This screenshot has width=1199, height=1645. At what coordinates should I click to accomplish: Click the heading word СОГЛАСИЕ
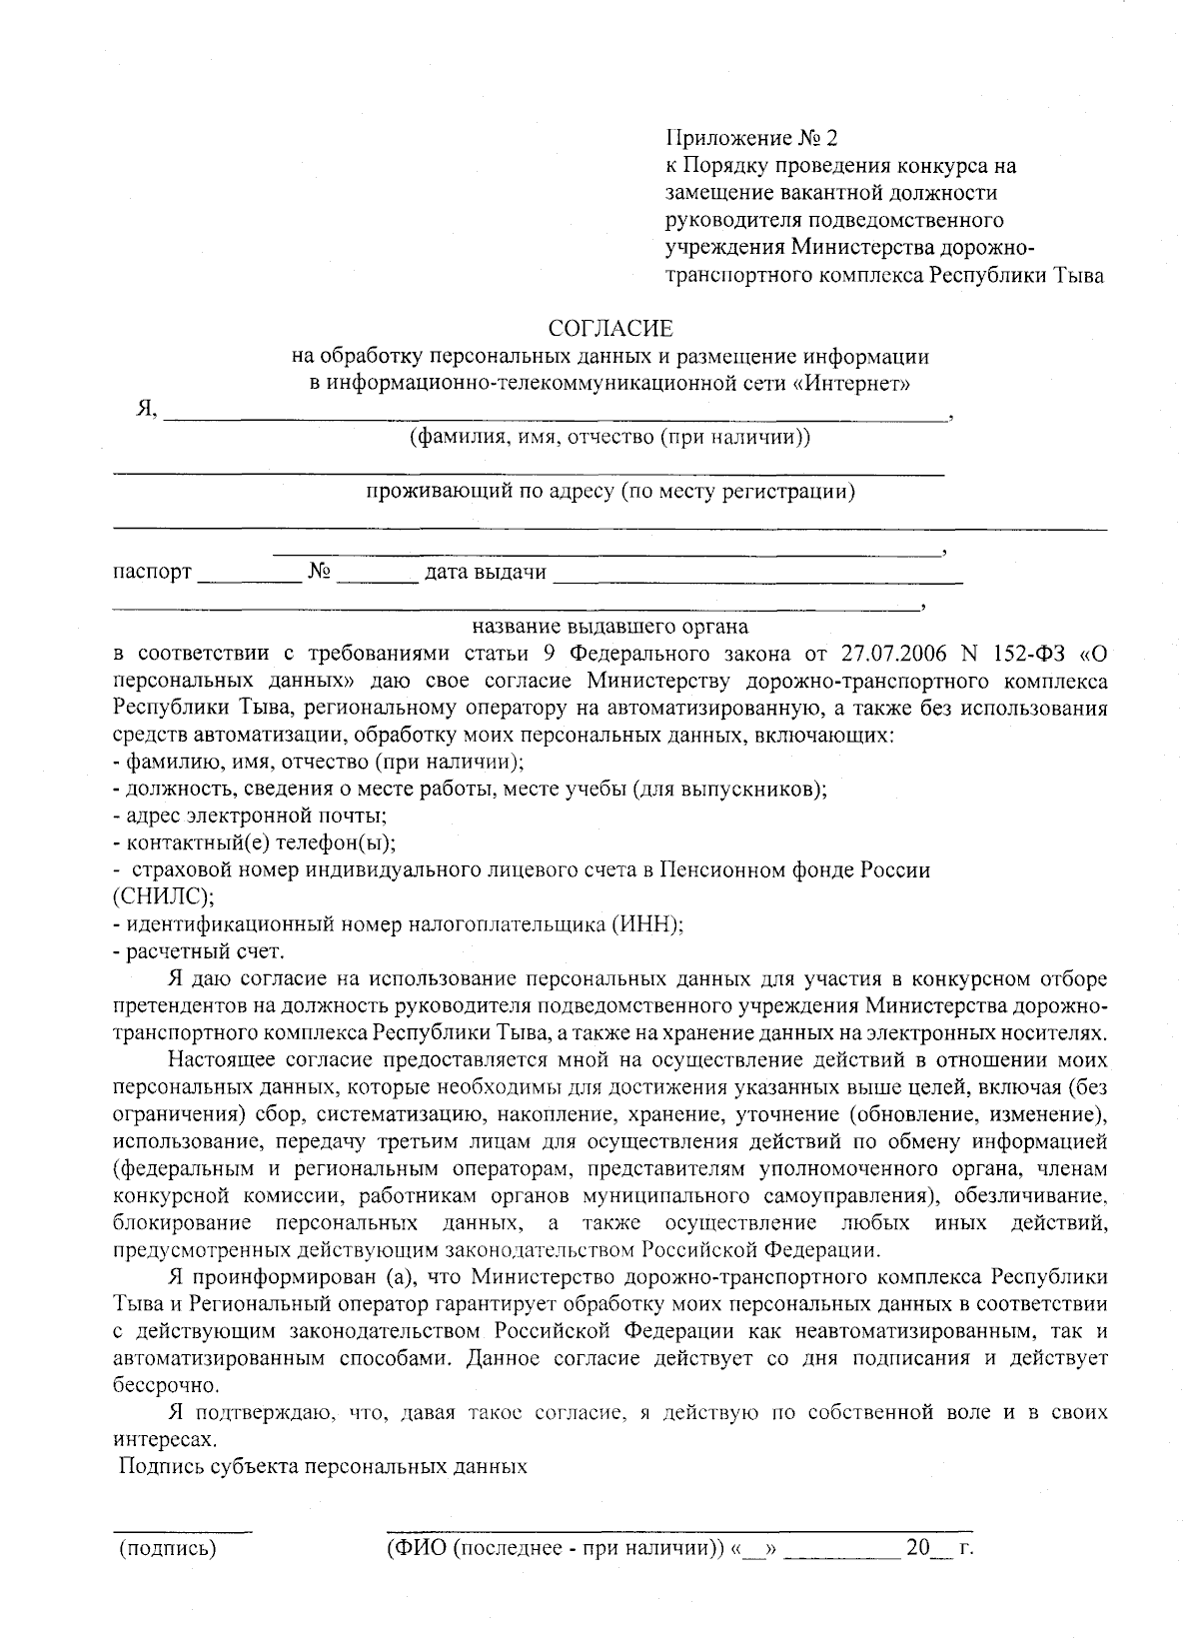(x=610, y=328)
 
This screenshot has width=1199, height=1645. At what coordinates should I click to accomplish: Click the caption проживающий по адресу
(x=609, y=492)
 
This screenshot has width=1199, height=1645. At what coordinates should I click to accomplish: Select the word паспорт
(x=152, y=573)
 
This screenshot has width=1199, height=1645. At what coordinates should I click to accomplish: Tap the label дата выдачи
(x=486, y=573)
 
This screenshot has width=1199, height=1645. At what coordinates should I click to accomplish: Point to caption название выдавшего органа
(x=610, y=627)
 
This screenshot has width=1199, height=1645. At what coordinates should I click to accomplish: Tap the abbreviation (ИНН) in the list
(x=646, y=924)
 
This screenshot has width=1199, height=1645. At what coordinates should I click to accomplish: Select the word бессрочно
(x=165, y=1386)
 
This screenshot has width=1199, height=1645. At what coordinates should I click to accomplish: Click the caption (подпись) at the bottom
(x=168, y=1550)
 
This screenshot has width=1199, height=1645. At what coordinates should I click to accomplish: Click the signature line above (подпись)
(x=181, y=1531)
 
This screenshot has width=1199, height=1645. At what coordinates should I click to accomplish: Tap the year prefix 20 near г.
(x=916, y=1549)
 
